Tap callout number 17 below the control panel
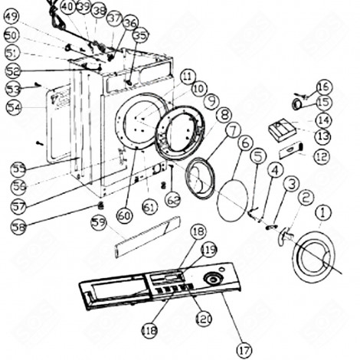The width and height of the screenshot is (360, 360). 243,349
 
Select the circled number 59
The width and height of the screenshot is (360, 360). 98,223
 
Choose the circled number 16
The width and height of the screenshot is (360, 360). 324,87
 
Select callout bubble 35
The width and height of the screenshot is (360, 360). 140,35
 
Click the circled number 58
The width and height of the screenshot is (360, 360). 18,226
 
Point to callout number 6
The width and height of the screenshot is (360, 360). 245,142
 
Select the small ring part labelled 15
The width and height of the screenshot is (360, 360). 296,103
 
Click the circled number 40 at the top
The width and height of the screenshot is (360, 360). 67,7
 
